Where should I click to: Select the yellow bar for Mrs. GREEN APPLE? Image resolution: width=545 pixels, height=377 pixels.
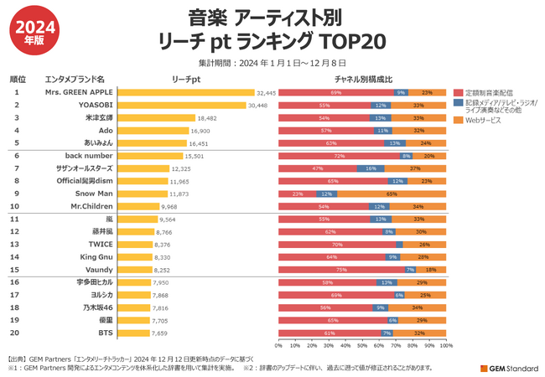coord(185,93)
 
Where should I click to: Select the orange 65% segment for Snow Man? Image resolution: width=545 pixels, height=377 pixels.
coord(391,194)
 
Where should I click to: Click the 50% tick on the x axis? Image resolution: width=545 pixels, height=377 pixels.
coord(362,345)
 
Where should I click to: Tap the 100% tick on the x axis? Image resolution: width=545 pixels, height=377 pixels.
coord(446,345)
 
